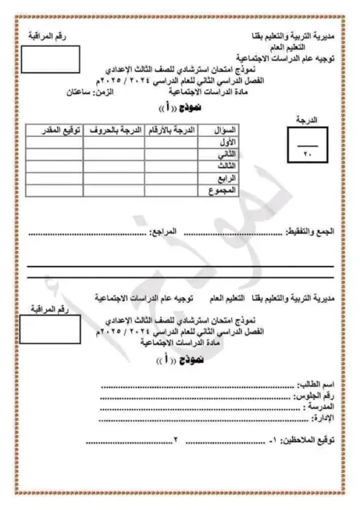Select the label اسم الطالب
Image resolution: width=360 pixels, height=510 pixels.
point(317,384)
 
